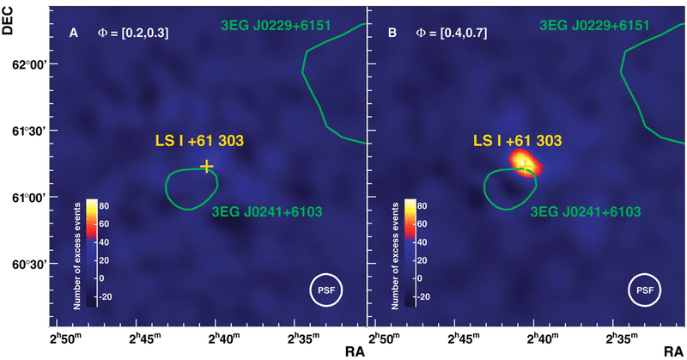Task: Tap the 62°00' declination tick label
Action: click(x=23, y=65)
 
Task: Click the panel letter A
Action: click(x=74, y=34)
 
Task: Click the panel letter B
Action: click(x=392, y=34)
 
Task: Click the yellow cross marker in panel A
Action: click(x=206, y=166)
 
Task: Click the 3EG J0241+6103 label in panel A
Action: click(x=256, y=211)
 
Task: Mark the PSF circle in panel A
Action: click(x=325, y=290)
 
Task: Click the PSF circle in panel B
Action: click(x=645, y=290)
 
